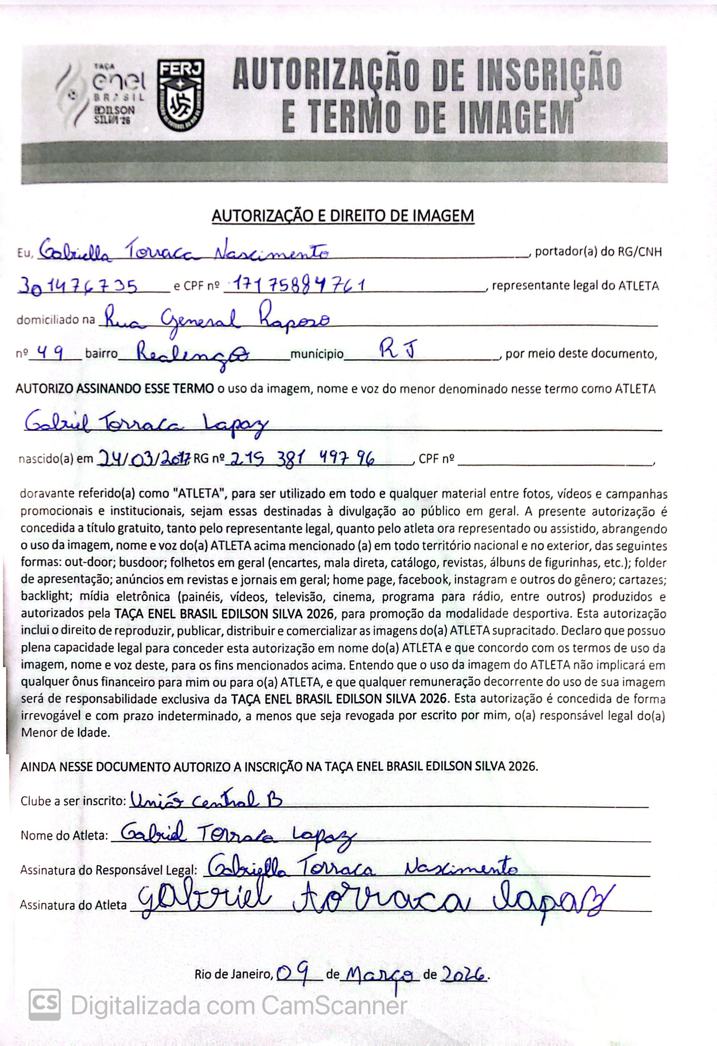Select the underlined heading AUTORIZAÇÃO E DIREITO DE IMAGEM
pyautogui.click(x=343, y=216)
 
